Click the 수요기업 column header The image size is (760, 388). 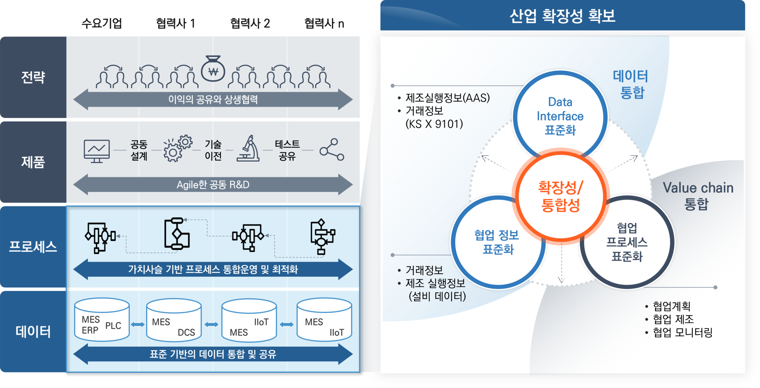pyautogui.click(x=102, y=23)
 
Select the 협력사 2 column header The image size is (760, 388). pyautogui.click(x=250, y=23)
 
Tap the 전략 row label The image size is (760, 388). pyautogui.click(x=33, y=77)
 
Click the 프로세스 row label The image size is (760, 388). pyautogui.click(x=33, y=247)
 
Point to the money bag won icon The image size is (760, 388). pyautogui.click(x=213, y=70)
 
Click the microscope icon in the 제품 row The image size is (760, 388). pyautogui.click(x=248, y=148)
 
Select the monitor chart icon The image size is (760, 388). pyautogui.click(x=97, y=150)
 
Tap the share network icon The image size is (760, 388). pyautogui.click(x=332, y=150)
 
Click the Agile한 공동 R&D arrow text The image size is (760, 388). pyautogui.click(x=213, y=185)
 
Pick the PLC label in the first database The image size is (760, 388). pyautogui.click(x=113, y=325)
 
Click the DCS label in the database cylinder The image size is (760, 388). pyautogui.click(x=186, y=333)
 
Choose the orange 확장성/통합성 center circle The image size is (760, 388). pyautogui.click(x=560, y=196)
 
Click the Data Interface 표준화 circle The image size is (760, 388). pyautogui.click(x=560, y=116)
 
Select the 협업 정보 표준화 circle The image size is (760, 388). pyautogui.click(x=497, y=242)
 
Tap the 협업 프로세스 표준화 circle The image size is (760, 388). pyautogui.click(x=627, y=242)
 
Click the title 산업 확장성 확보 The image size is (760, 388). pyautogui.click(x=562, y=16)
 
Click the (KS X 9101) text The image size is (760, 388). pyautogui.click(x=434, y=124)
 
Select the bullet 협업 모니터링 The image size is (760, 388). pyautogui.click(x=682, y=333)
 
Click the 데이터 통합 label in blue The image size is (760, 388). pyautogui.click(x=631, y=84)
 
